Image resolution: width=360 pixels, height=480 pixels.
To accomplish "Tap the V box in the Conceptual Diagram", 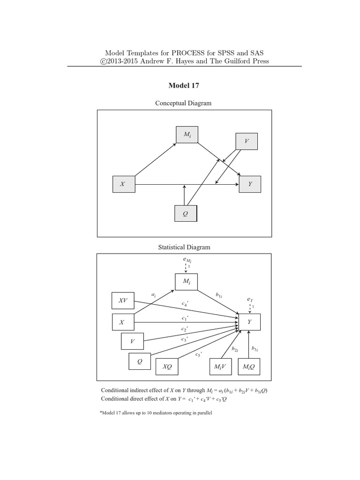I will click(x=246, y=141).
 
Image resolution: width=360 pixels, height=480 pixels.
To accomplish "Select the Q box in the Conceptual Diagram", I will click(x=186, y=213).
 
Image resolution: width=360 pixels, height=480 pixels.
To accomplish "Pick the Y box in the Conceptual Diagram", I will click(x=250, y=184).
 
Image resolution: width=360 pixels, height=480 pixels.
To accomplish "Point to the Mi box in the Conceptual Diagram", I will click(x=187, y=135).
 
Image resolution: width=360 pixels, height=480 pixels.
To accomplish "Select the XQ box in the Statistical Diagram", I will click(x=167, y=367).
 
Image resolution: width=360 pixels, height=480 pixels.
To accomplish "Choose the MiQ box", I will click(x=249, y=367).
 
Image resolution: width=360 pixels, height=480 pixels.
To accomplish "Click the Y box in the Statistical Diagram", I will click(x=249, y=322).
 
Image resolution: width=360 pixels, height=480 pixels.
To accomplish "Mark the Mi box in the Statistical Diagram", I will click(x=187, y=281).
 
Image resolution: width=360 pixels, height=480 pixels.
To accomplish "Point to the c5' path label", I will click(x=199, y=355).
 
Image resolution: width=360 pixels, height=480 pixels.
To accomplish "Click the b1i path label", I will click(x=219, y=295).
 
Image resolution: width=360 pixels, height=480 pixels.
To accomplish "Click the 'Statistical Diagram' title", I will click(x=184, y=247).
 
